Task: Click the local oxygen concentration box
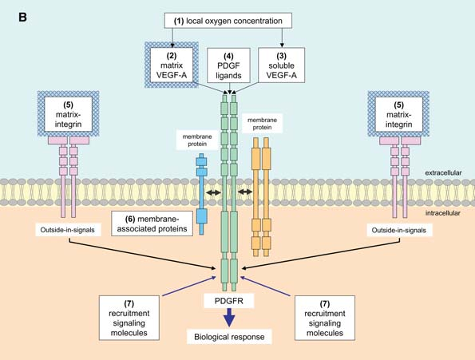228,21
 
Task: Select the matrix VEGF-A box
172,65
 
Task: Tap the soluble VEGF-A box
282,65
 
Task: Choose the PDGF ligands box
228,65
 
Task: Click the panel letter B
22,18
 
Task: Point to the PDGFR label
228,301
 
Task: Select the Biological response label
229,337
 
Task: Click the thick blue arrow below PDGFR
229,318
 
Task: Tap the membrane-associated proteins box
152,224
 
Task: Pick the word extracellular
443,173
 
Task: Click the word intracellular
442,213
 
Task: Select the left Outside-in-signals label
68,230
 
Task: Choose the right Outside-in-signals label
399,231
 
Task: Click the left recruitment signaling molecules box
129,318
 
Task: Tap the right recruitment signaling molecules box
325,318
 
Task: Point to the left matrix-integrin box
68,114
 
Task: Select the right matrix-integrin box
399,114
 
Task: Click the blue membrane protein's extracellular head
201,165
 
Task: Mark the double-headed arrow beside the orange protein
245,192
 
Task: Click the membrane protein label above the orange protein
262,124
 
